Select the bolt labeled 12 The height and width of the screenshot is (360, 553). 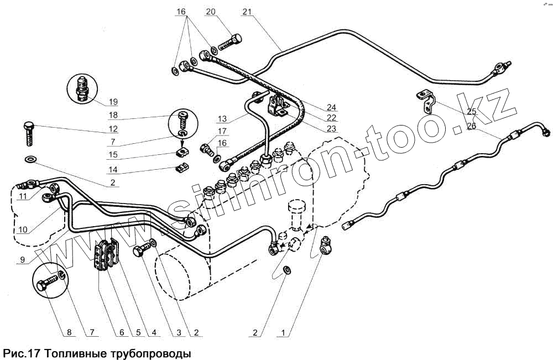(28, 133)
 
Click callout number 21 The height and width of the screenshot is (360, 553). (247, 12)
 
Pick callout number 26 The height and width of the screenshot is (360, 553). (471, 126)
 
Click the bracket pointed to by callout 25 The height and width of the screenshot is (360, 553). (426, 100)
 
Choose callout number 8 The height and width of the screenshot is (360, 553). (69, 333)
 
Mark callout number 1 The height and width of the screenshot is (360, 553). (283, 333)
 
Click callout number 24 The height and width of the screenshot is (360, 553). (331, 107)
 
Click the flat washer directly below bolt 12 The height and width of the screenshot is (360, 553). (30, 160)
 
